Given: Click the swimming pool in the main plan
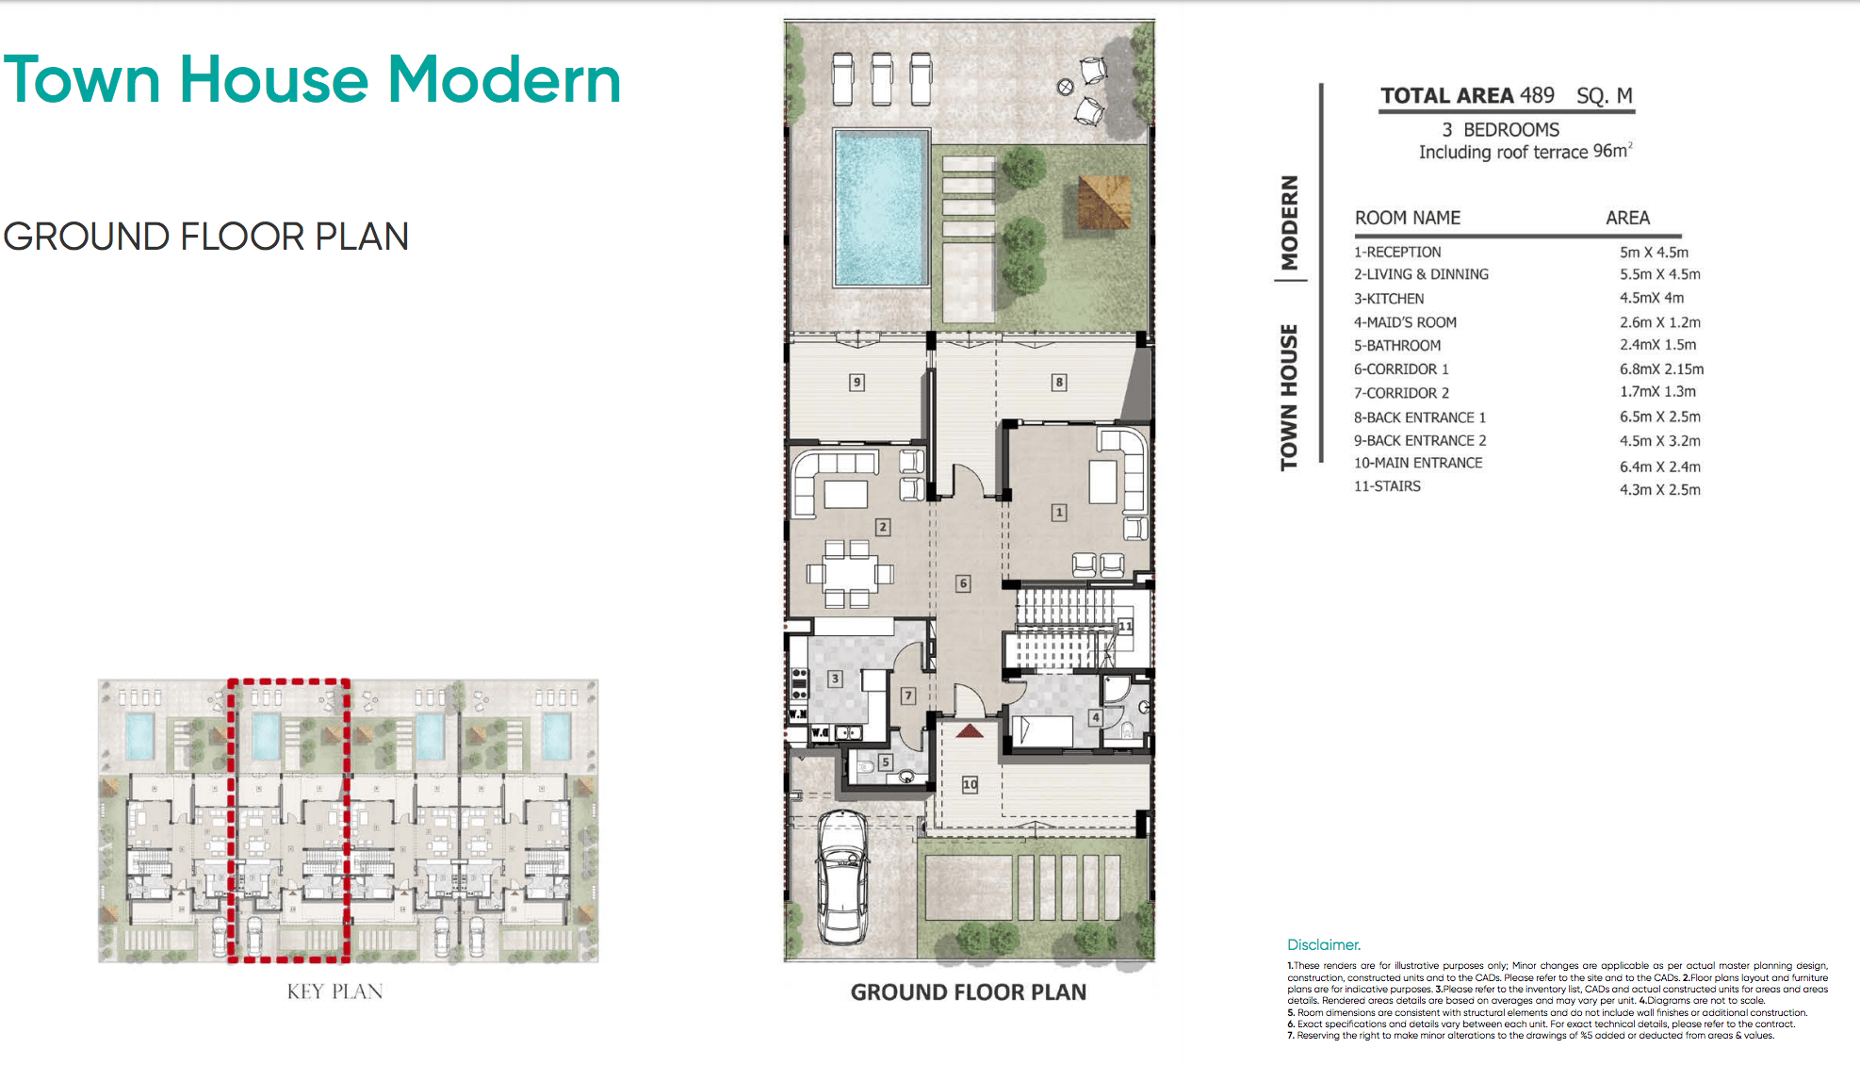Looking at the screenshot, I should click(x=881, y=207).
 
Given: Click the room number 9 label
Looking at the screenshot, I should click(x=857, y=382).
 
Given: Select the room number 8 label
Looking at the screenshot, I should click(x=1059, y=382).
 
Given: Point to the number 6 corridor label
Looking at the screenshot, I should click(x=963, y=583).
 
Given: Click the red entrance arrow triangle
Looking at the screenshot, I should click(x=970, y=730).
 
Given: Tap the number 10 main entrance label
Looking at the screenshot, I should click(x=970, y=784).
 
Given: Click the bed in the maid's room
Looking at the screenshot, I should click(x=1043, y=730).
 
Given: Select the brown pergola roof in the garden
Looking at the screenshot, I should click(x=1103, y=201).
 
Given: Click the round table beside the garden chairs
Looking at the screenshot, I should click(x=1066, y=87).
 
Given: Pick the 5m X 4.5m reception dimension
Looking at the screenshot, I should click(x=1654, y=252).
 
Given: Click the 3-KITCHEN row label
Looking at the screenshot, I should click(x=1389, y=298).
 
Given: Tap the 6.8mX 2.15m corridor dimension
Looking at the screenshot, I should click(x=1661, y=369).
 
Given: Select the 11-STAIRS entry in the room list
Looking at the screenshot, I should click(x=1387, y=486).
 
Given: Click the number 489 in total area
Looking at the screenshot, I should click(x=1537, y=95).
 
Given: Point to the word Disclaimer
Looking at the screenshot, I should click(x=1324, y=944).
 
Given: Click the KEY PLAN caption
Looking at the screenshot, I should click(x=334, y=991).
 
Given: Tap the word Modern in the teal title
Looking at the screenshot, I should click(x=505, y=79).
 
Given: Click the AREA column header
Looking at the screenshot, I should click(x=1627, y=218).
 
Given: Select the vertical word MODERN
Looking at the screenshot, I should click(x=1289, y=222).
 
